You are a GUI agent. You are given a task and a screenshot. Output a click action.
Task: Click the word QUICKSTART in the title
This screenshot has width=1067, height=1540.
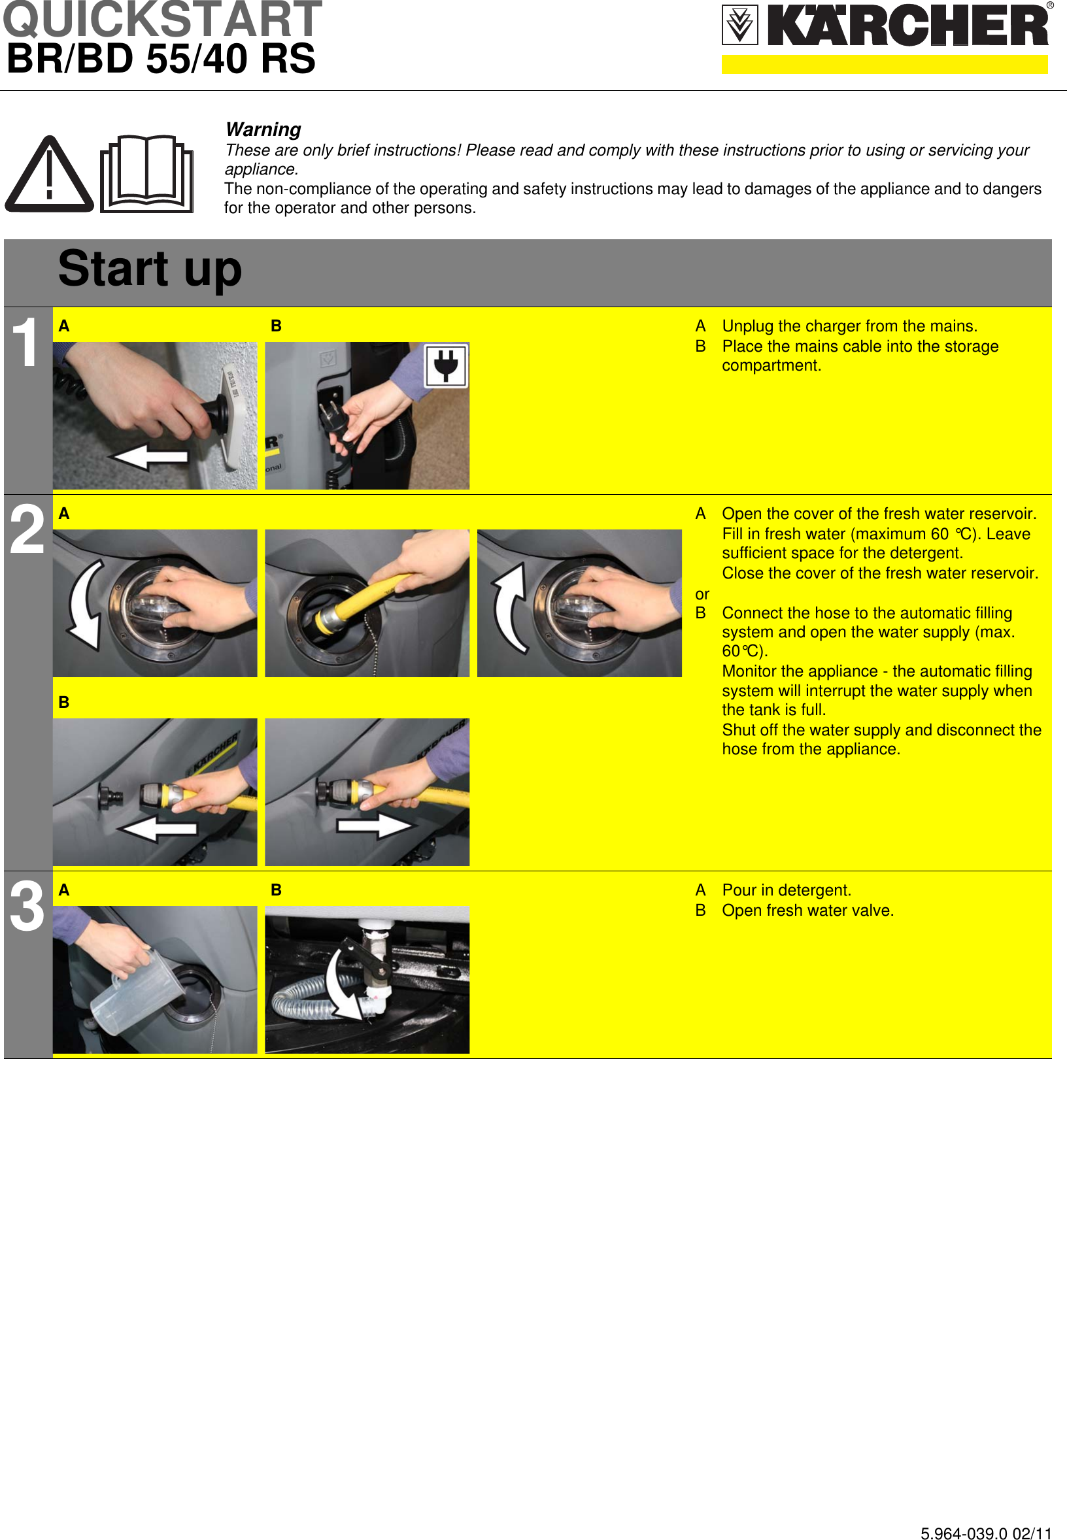[162, 20]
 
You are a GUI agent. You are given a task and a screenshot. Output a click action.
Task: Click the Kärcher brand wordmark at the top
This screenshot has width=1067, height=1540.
[907, 27]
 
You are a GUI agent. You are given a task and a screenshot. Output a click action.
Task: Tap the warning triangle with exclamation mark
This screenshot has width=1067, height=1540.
[49, 175]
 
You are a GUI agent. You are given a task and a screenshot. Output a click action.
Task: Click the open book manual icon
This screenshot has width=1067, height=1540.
[147, 174]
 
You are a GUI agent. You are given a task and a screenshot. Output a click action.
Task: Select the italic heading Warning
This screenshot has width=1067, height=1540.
[263, 129]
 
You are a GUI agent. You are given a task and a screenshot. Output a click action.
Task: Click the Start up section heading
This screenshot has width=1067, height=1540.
[150, 269]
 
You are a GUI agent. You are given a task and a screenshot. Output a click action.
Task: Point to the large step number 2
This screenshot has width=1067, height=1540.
[27, 531]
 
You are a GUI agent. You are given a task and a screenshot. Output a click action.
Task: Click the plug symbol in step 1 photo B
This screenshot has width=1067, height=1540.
[446, 366]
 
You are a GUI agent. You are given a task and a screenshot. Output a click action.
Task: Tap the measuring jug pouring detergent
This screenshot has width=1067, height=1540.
[134, 993]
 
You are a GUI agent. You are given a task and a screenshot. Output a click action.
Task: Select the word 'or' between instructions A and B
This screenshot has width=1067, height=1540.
[702, 594]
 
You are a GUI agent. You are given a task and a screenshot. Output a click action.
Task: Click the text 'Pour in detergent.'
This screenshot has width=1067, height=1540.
[787, 890]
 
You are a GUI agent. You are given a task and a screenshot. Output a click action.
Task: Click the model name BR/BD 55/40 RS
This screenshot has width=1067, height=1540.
[161, 59]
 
